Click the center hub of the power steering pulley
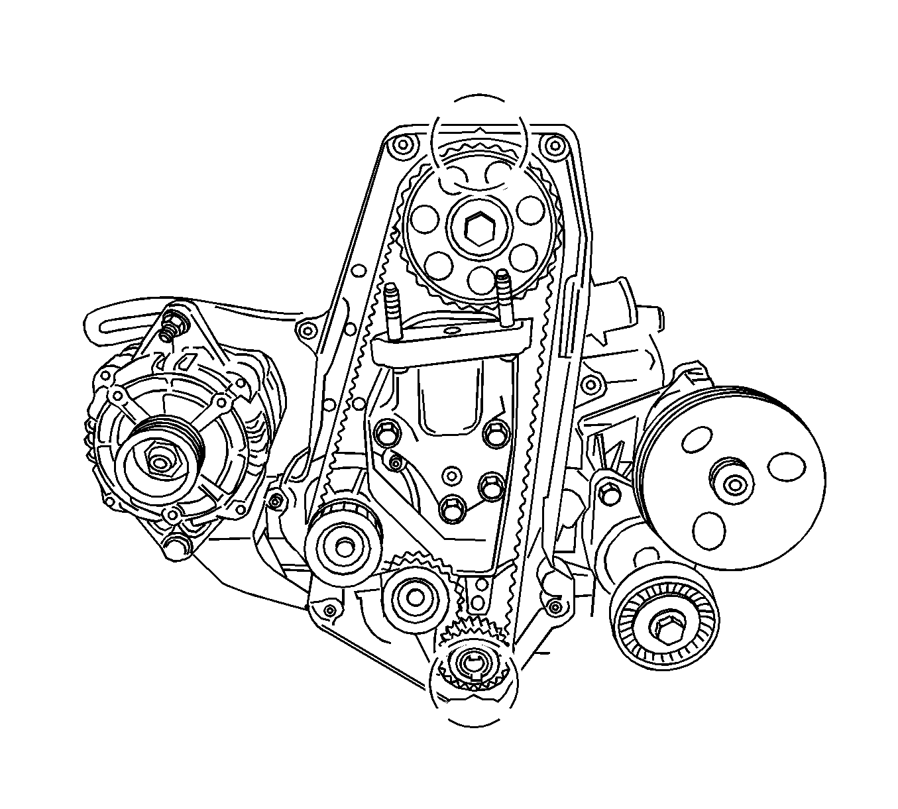tap(734, 485)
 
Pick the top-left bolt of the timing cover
tap(399, 144)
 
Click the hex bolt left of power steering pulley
tap(607, 493)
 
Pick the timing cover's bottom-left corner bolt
tap(328, 610)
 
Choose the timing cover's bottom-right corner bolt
tap(555, 605)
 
